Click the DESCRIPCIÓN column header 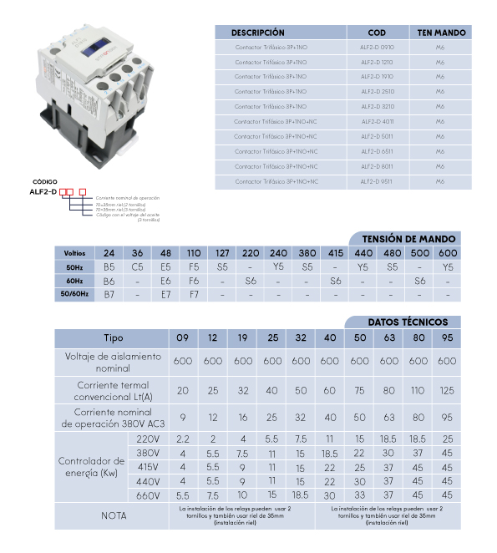point(257,33)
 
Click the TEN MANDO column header point(440,33)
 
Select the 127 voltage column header point(222,253)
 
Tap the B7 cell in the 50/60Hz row point(109,295)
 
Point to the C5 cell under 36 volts point(138,267)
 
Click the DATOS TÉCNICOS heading point(408,322)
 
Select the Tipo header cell point(114,338)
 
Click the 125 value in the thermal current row point(448,390)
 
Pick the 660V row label point(147,495)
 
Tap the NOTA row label point(114,515)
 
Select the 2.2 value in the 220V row point(183,439)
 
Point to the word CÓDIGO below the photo point(45,181)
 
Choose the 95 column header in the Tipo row point(448,338)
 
